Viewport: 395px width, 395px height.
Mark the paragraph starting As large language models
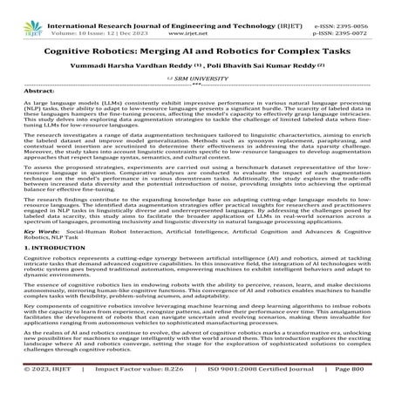tap(197, 114)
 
